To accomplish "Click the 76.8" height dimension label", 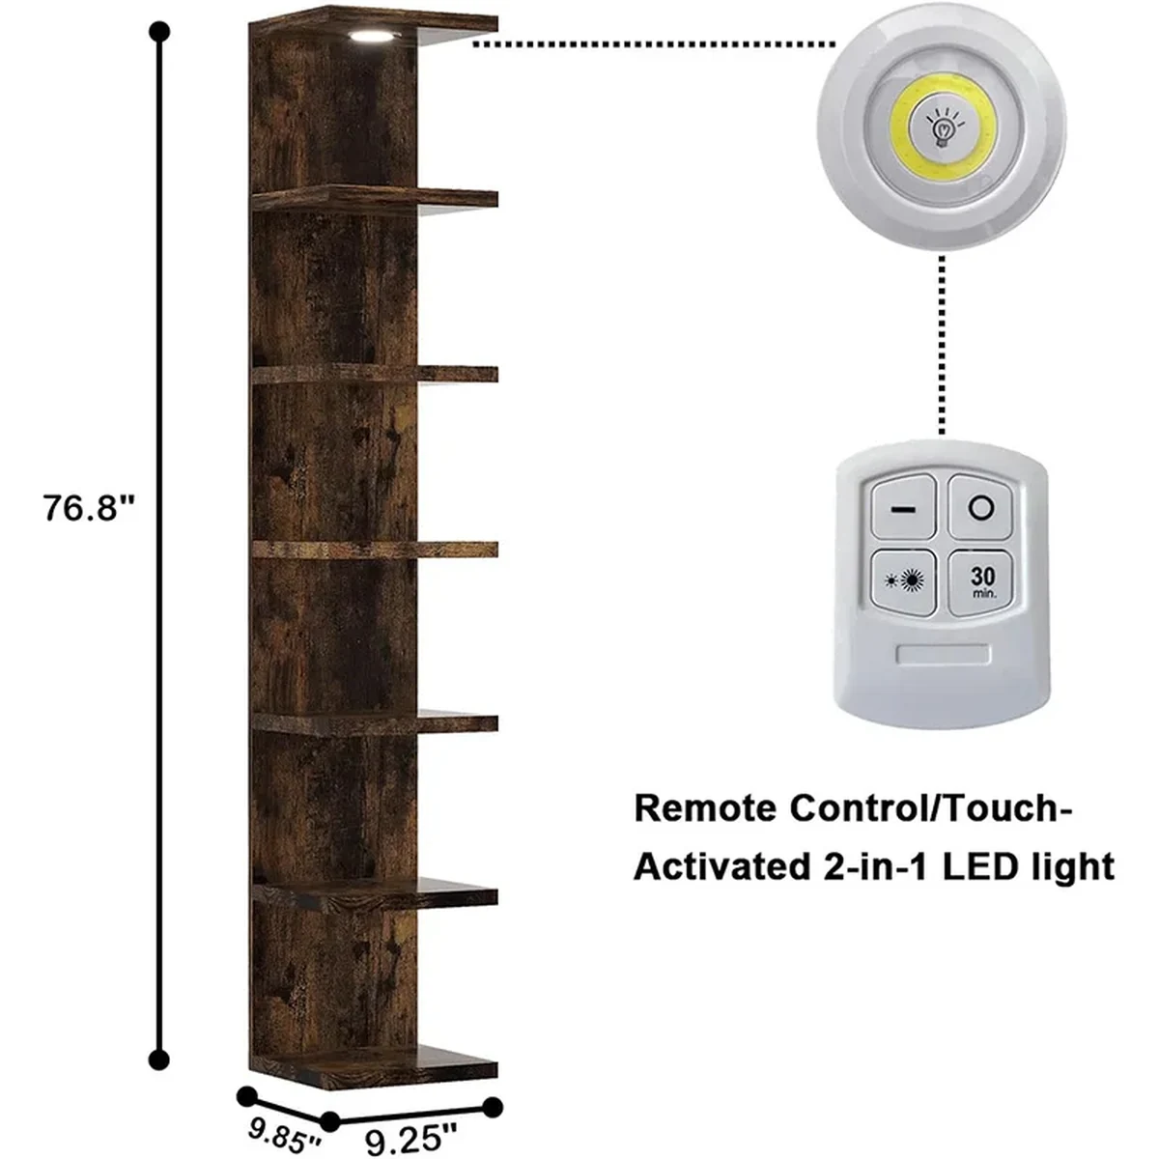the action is (90, 507).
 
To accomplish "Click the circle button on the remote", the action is (980, 508).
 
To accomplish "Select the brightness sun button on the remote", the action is (904, 580).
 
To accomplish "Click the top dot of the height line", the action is (159, 31).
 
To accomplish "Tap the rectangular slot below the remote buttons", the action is (943, 655).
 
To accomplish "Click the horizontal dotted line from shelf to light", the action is (654, 43).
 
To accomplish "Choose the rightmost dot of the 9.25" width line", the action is (494, 1107).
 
